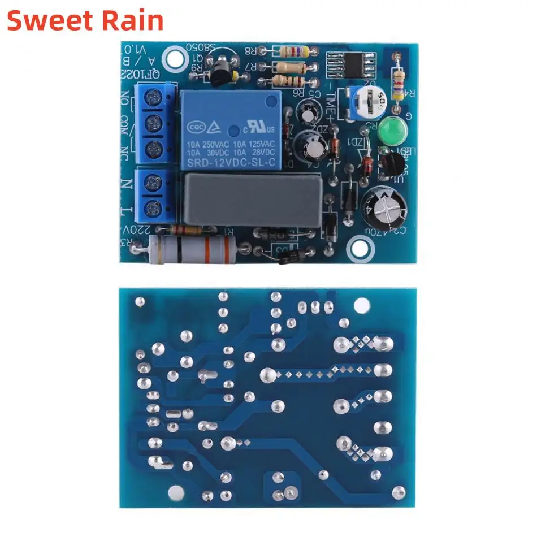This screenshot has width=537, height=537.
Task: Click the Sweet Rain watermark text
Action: coord(85,20)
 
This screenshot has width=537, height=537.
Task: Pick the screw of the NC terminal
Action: coord(151,149)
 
